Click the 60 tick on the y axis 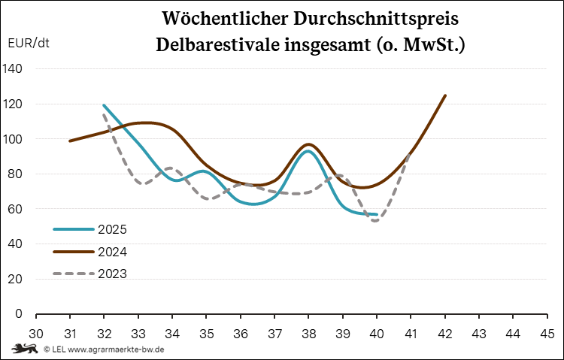pos(17,209)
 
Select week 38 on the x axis pos(309,333)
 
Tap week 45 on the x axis pos(547,333)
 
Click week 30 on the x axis pos(35,333)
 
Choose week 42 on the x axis pos(445,333)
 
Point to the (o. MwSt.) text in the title pos(423,45)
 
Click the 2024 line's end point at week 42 pos(445,95)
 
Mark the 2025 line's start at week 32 pos(104,105)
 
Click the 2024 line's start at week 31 pos(70,141)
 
